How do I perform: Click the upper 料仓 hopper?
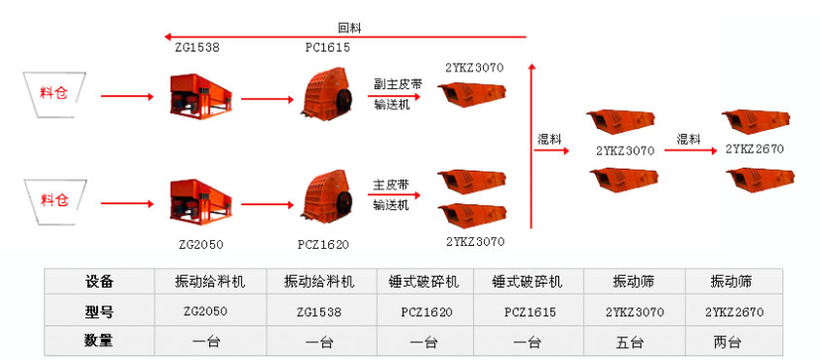pyautogui.click(x=55, y=95)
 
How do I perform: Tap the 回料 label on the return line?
pyautogui.click(x=350, y=29)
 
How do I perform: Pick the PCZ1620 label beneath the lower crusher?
pyautogui.click(x=323, y=243)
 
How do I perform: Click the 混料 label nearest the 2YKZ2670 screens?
pyautogui.click(x=688, y=138)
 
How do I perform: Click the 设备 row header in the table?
pyautogui.click(x=99, y=282)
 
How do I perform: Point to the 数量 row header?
pyautogui.click(x=99, y=342)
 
